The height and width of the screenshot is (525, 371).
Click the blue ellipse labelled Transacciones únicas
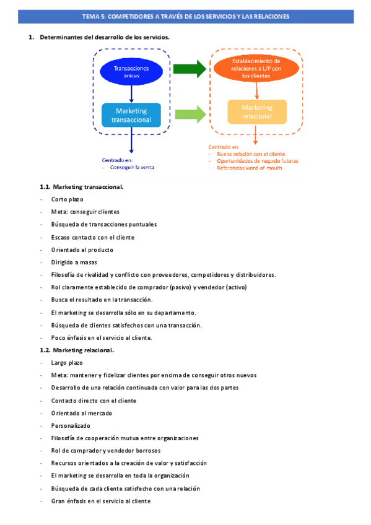tap(131, 71)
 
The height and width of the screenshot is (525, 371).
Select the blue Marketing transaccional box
tap(131, 115)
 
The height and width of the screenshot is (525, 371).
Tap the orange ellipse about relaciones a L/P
tap(256, 69)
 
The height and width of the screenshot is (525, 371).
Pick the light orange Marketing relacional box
tap(257, 112)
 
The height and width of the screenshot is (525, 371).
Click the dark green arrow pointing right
tap(189, 69)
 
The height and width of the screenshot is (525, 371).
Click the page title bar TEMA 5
tap(185, 17)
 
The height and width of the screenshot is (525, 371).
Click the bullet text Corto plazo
tap(68, 199)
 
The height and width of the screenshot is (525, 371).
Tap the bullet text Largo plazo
tap(68, 362)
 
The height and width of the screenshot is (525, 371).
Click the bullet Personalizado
tap(71, 425)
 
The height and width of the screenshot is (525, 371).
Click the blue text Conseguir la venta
tap(132, 167)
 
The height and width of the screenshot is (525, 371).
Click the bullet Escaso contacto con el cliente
tap(93, 237)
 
